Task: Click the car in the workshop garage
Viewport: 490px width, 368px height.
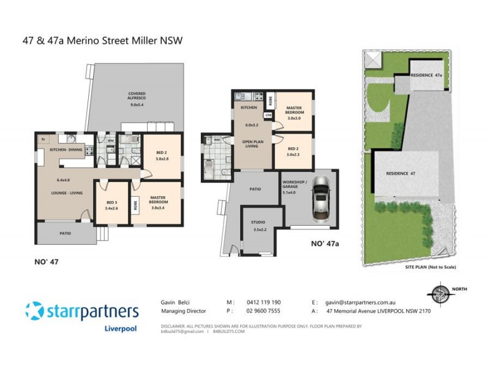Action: (x=322, y=198)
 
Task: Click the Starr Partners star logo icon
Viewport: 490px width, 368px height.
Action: (x=35, y=312)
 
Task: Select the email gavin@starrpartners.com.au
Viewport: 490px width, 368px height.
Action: (x=362, y=302)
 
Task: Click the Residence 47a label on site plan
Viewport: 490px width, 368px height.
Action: (x=426, y=74)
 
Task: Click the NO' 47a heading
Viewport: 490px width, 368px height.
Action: (x=325, y=243)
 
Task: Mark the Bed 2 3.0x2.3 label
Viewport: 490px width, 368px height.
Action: (x=292, y=151)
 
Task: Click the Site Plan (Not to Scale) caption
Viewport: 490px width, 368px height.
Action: (x=431, y=267)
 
